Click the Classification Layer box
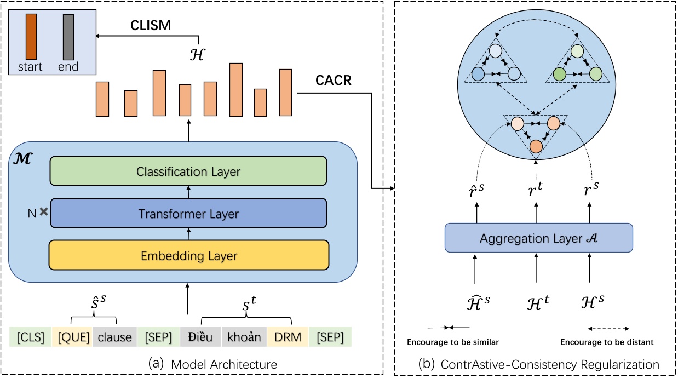pos(188,171)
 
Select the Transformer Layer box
pos(188,213)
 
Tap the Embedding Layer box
pos(188,255)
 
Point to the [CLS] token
pos(30,337)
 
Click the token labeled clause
pos(114,337)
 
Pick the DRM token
pos(288,337)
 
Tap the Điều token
pos(200,337)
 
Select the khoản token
pos(244,337)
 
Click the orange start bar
pos(31,37)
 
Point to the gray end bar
pos(68,37)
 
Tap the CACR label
pos(334,81)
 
